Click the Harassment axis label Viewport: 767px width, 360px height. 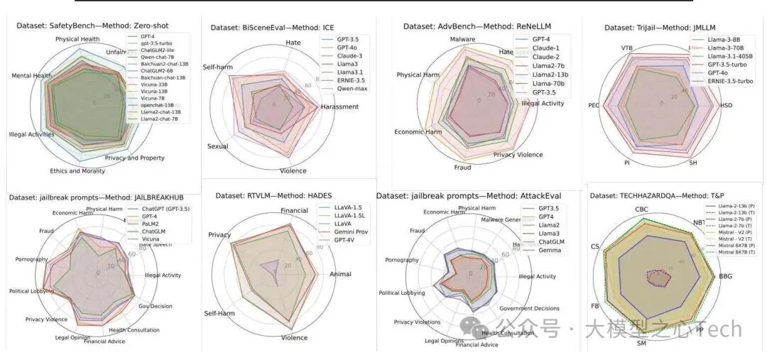pos(339,107)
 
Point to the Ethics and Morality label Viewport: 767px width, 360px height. pos(77,170)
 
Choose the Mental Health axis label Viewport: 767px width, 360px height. pos(32,76)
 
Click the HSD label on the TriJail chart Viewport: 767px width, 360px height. pos(726,105)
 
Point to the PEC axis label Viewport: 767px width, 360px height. pos(594,105)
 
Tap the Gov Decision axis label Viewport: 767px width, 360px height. pos(156,306)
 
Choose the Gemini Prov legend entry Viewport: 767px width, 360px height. pos(349,232)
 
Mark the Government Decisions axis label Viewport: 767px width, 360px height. pos(529,308)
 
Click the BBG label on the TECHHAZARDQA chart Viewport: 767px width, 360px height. pos(726,276)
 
